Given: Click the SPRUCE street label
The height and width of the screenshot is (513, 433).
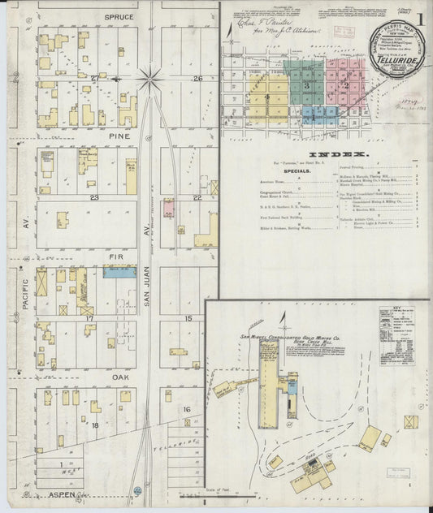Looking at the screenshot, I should pos(119,15).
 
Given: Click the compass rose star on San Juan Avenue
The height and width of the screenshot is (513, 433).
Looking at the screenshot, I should pos(149,79).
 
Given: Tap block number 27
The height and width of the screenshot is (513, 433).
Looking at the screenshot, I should pos(95,78).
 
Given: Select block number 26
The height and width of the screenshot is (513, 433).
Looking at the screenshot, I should pos(197,78).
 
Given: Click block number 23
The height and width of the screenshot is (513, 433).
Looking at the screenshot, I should pos(94,197).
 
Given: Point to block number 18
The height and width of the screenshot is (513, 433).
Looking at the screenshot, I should pos(95,425).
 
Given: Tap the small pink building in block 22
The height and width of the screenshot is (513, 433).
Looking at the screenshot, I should pos(168,209).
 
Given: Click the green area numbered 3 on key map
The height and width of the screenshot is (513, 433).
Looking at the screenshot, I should pos(306,84).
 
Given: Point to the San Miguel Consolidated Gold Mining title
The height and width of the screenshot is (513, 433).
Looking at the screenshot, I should pos(297,334).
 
